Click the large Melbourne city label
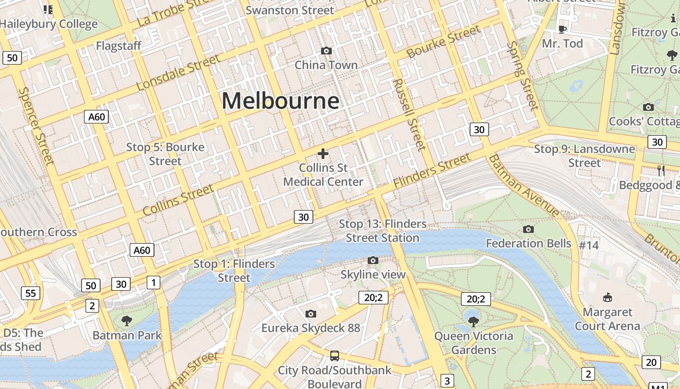pyautogui.click(x=280, y=101)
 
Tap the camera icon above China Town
pyautogui.click(x=326, y=51)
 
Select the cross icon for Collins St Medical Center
pyautogui.click(x=323, y=154)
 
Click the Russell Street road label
pyautogui.click(x=409, y=114)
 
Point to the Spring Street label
pyautogui.click(x=523, y=75)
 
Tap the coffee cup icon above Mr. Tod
pyautogui.click(x=562, y=29)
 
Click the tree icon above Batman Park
pyautogui.click(x=127, y=320)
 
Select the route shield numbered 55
pyautogui.click(x=30, y=293)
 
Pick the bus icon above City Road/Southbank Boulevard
pyautogui.click(x=335, y=355)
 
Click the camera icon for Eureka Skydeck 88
pyautogui.click(x=311, y=314)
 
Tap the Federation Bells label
pyautogui.click(x=528, y=243)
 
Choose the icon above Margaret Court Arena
pyautogui.click(x=607, y=297)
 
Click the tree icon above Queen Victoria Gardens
pyautogui.click(x=474, y=321)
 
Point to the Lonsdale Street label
pyautogui.click(x=178, y=73)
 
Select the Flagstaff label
pyautogui.click(x=119, y=46)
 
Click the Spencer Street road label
pyautogui.click(x=35, y=125)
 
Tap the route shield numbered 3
pyautogui.click(x=447, y=380)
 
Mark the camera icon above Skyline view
pyautogui.click(x=373, y=260)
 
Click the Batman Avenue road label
pyautogui.click(x=525, y=186)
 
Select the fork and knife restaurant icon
pyautogui.click(x=660, y=170)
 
